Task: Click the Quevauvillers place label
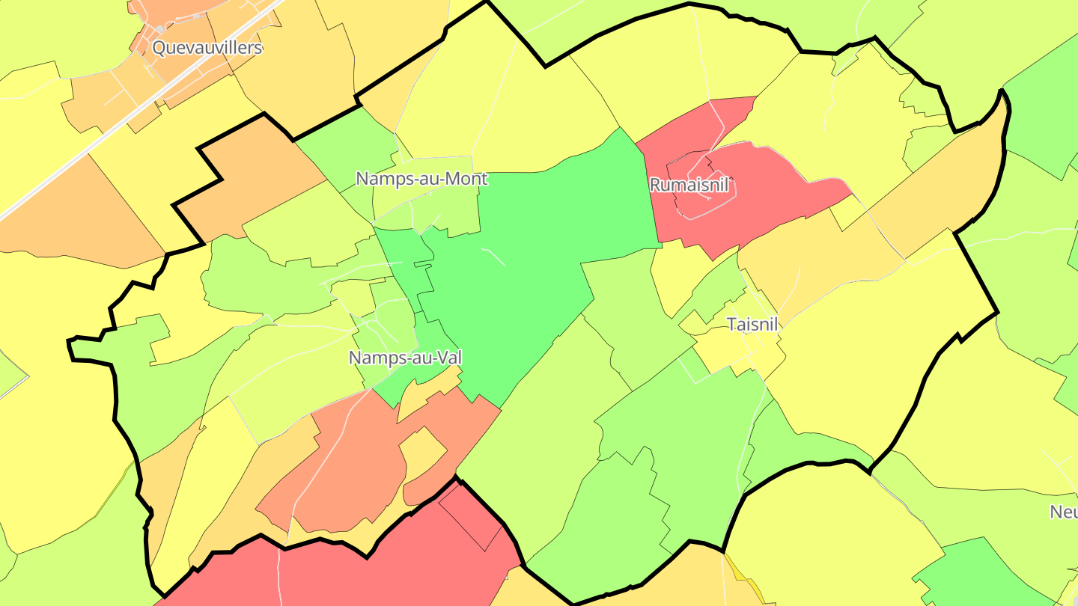[207, 48]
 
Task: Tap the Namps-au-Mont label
[421, 179]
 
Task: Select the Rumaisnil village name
[689, 185]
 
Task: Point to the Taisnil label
[753, 325]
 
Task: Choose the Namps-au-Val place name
[405, 358]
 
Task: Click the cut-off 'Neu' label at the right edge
[1063, 512]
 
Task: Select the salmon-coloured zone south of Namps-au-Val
[352, 464]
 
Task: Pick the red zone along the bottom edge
[389, 576]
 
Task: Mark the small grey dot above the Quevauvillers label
[160, 29]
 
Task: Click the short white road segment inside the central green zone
[494, 256]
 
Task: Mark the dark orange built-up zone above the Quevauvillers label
[180, 15]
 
